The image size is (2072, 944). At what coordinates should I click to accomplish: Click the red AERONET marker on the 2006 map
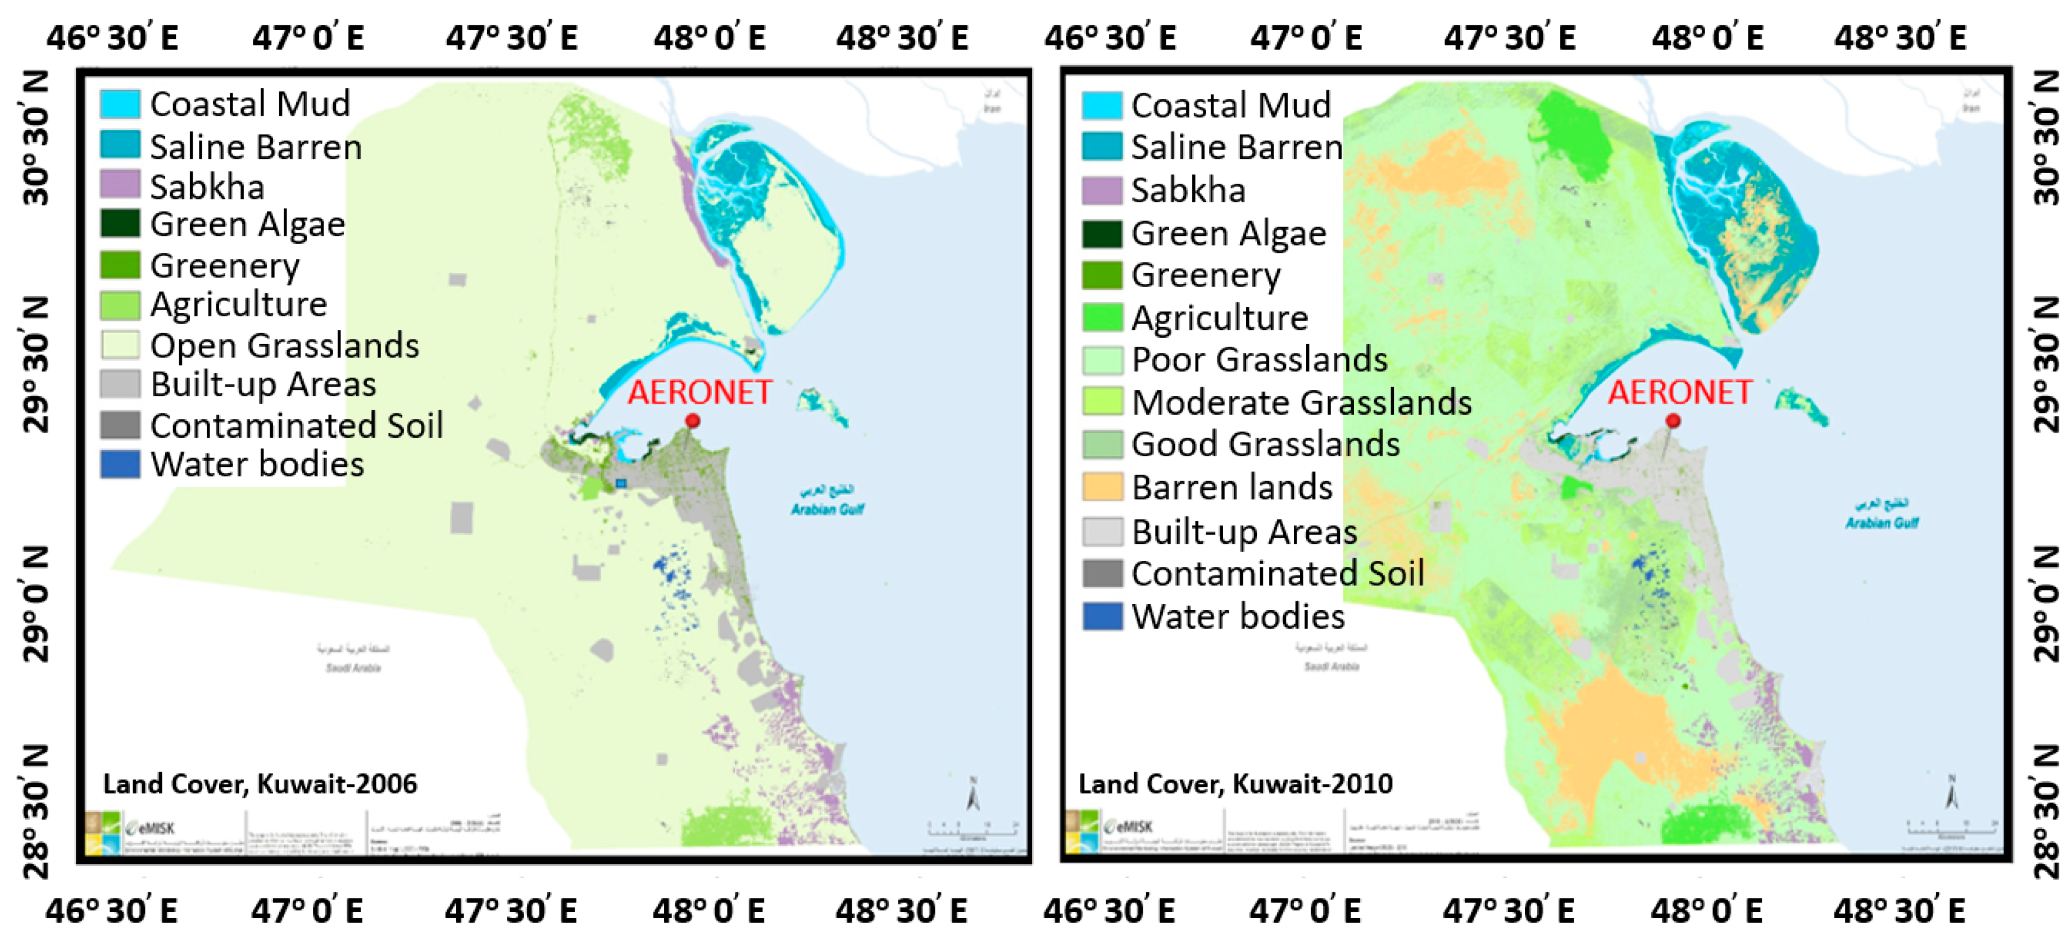coord(692,421)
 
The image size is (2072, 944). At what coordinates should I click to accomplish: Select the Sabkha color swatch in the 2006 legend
coord(120,184)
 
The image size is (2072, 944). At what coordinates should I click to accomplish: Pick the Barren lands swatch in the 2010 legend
coord(1102,487)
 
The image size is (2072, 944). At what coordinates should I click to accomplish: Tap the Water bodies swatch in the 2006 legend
coord(120,464)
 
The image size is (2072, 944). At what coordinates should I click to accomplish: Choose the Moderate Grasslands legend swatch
coord(1102,401)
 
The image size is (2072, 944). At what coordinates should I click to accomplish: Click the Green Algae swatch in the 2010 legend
coord(1102,233)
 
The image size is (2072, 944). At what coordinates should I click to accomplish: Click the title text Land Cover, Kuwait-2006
coord(260,784)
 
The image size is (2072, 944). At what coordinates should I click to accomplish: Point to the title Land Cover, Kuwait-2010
coord(1235,784)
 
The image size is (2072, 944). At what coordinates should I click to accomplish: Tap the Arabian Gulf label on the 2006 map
coord(827,509)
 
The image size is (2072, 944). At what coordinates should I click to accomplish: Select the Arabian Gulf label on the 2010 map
coord(1882,523)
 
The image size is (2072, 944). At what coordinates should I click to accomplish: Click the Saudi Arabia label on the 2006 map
coord(353,667)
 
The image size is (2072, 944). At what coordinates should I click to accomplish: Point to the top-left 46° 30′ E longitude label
coord(112,38)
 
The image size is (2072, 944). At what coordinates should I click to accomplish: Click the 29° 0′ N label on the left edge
coord(36,603)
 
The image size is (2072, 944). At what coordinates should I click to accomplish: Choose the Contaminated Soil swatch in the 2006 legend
coord(120,425)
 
